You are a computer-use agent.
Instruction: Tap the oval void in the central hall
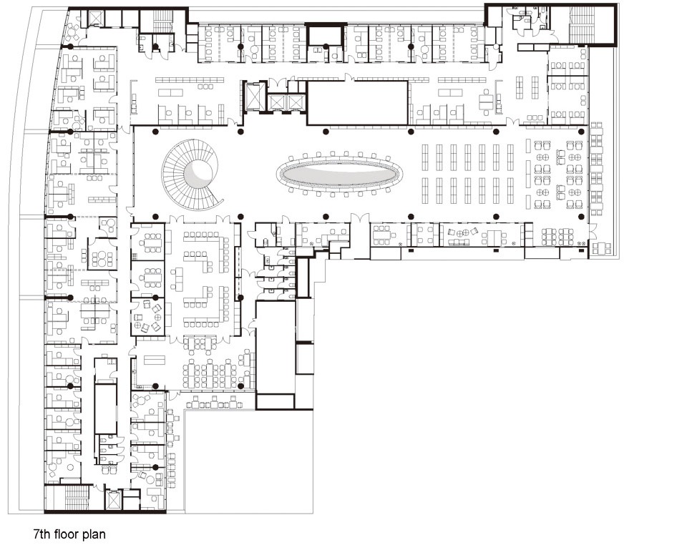[x=339, y=174]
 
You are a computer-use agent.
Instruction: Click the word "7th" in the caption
[x=42, y=534]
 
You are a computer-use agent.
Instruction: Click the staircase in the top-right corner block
[x=581, y=25]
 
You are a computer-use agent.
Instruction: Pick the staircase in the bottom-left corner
[x=77, y=498]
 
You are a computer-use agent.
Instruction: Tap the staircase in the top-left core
[x=162, y=21]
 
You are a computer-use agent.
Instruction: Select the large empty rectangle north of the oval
[x=358, y=102]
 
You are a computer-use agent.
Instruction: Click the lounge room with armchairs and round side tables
[x=148, y=316]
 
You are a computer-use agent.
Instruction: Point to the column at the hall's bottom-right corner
[x=581, y=217]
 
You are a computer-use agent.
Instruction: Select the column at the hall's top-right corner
[x=581, y=132]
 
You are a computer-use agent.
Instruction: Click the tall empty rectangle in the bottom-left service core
[x=106, y=409]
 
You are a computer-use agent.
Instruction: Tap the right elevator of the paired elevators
[x=296, y=102]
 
